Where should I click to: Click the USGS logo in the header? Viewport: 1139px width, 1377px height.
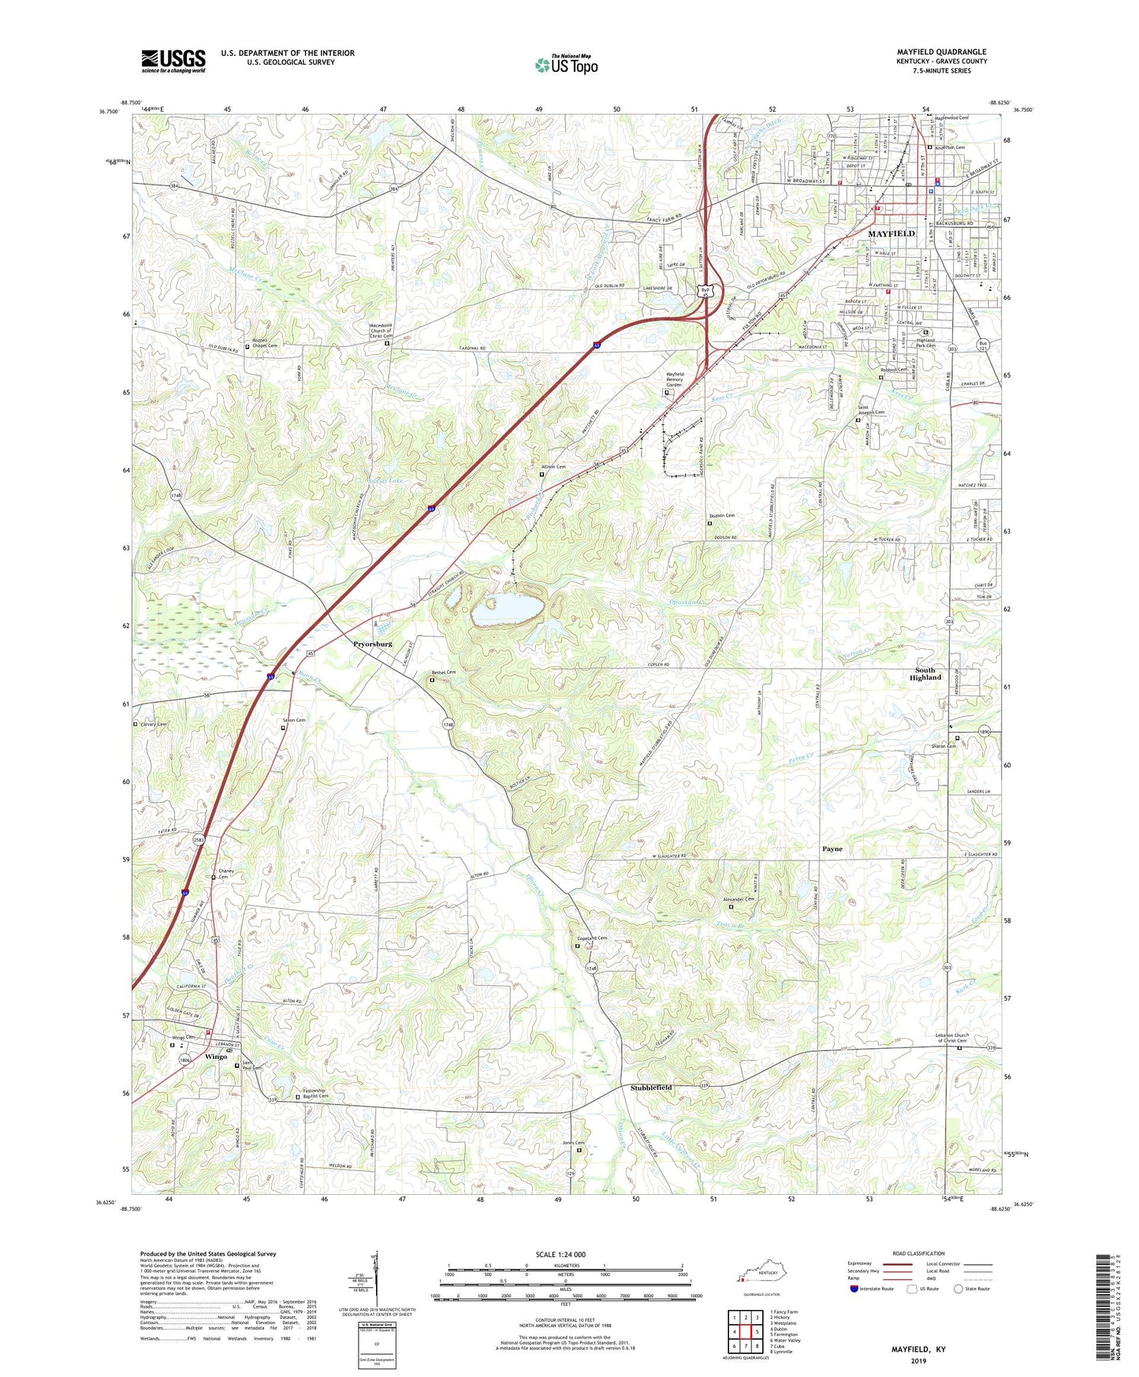(173, 61)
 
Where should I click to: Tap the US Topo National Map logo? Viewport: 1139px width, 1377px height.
(566, 64)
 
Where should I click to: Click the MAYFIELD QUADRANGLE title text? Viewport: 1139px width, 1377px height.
(941, 52)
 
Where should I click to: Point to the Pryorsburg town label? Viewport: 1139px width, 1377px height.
(373, 644)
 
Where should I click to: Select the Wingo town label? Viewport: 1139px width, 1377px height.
(216, 1057)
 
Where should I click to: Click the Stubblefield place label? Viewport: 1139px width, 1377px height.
(651, 1088)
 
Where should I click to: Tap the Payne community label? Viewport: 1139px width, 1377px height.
(832, 849)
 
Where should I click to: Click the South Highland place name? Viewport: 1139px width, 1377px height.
(925, 674)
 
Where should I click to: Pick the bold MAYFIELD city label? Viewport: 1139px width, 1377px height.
(891, 233)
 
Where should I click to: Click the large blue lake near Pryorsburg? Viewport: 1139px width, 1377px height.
(508, 608)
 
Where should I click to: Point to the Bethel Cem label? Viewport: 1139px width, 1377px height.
(444, 673)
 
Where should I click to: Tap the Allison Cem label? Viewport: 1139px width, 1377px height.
(553, 467)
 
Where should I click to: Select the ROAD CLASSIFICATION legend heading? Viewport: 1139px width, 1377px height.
(918, 1253)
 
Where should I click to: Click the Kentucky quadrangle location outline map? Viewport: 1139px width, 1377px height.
(760, 1277)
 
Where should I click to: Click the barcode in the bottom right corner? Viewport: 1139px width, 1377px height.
(1105, 1306)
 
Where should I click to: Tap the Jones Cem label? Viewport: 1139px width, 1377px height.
(574, 1144)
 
